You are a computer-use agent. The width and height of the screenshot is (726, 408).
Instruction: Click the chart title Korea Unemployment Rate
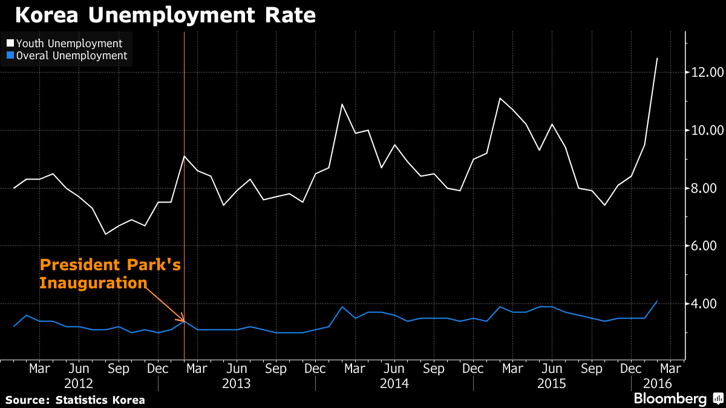point(165,15)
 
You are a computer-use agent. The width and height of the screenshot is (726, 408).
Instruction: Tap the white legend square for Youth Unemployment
point(10,44)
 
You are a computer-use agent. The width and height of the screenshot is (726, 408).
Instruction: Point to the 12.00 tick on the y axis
point(707,73)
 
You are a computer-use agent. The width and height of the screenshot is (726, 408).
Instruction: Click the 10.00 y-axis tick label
point(707,131)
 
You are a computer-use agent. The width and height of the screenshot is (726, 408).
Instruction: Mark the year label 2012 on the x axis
point(79,384)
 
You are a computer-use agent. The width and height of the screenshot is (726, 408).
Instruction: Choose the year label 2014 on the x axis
point(394,384)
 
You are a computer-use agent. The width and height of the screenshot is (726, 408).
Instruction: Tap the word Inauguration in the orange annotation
point(93,282)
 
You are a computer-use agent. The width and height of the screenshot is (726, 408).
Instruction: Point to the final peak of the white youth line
point(657,59)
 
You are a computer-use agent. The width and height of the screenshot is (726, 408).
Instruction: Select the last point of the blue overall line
point(657,301)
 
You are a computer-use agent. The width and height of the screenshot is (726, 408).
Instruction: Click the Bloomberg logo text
point(670,399)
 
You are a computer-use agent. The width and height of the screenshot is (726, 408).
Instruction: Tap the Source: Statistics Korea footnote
point(76,400)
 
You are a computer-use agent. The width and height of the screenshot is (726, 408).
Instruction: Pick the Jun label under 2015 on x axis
point(552,368)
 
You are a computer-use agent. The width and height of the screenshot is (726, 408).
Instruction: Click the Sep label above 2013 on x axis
point(276,368)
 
